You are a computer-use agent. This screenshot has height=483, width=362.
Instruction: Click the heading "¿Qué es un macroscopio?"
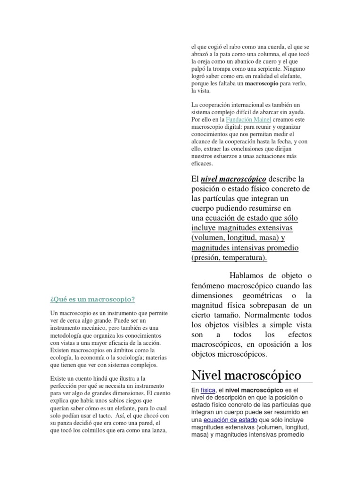[x=92, y=299]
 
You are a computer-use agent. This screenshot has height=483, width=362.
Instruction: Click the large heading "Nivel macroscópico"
[x=246, y=375]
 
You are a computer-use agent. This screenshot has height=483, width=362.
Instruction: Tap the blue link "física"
[x=208, y=391]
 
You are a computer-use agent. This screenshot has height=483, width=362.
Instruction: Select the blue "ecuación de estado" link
[x=223, y=419]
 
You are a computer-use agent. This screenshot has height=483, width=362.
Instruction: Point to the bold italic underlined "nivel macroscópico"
[x=234, y=179]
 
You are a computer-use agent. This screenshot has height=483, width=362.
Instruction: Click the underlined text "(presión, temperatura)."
[x=230, y=258]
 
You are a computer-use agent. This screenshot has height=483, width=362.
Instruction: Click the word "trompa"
[x=213, y=69]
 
